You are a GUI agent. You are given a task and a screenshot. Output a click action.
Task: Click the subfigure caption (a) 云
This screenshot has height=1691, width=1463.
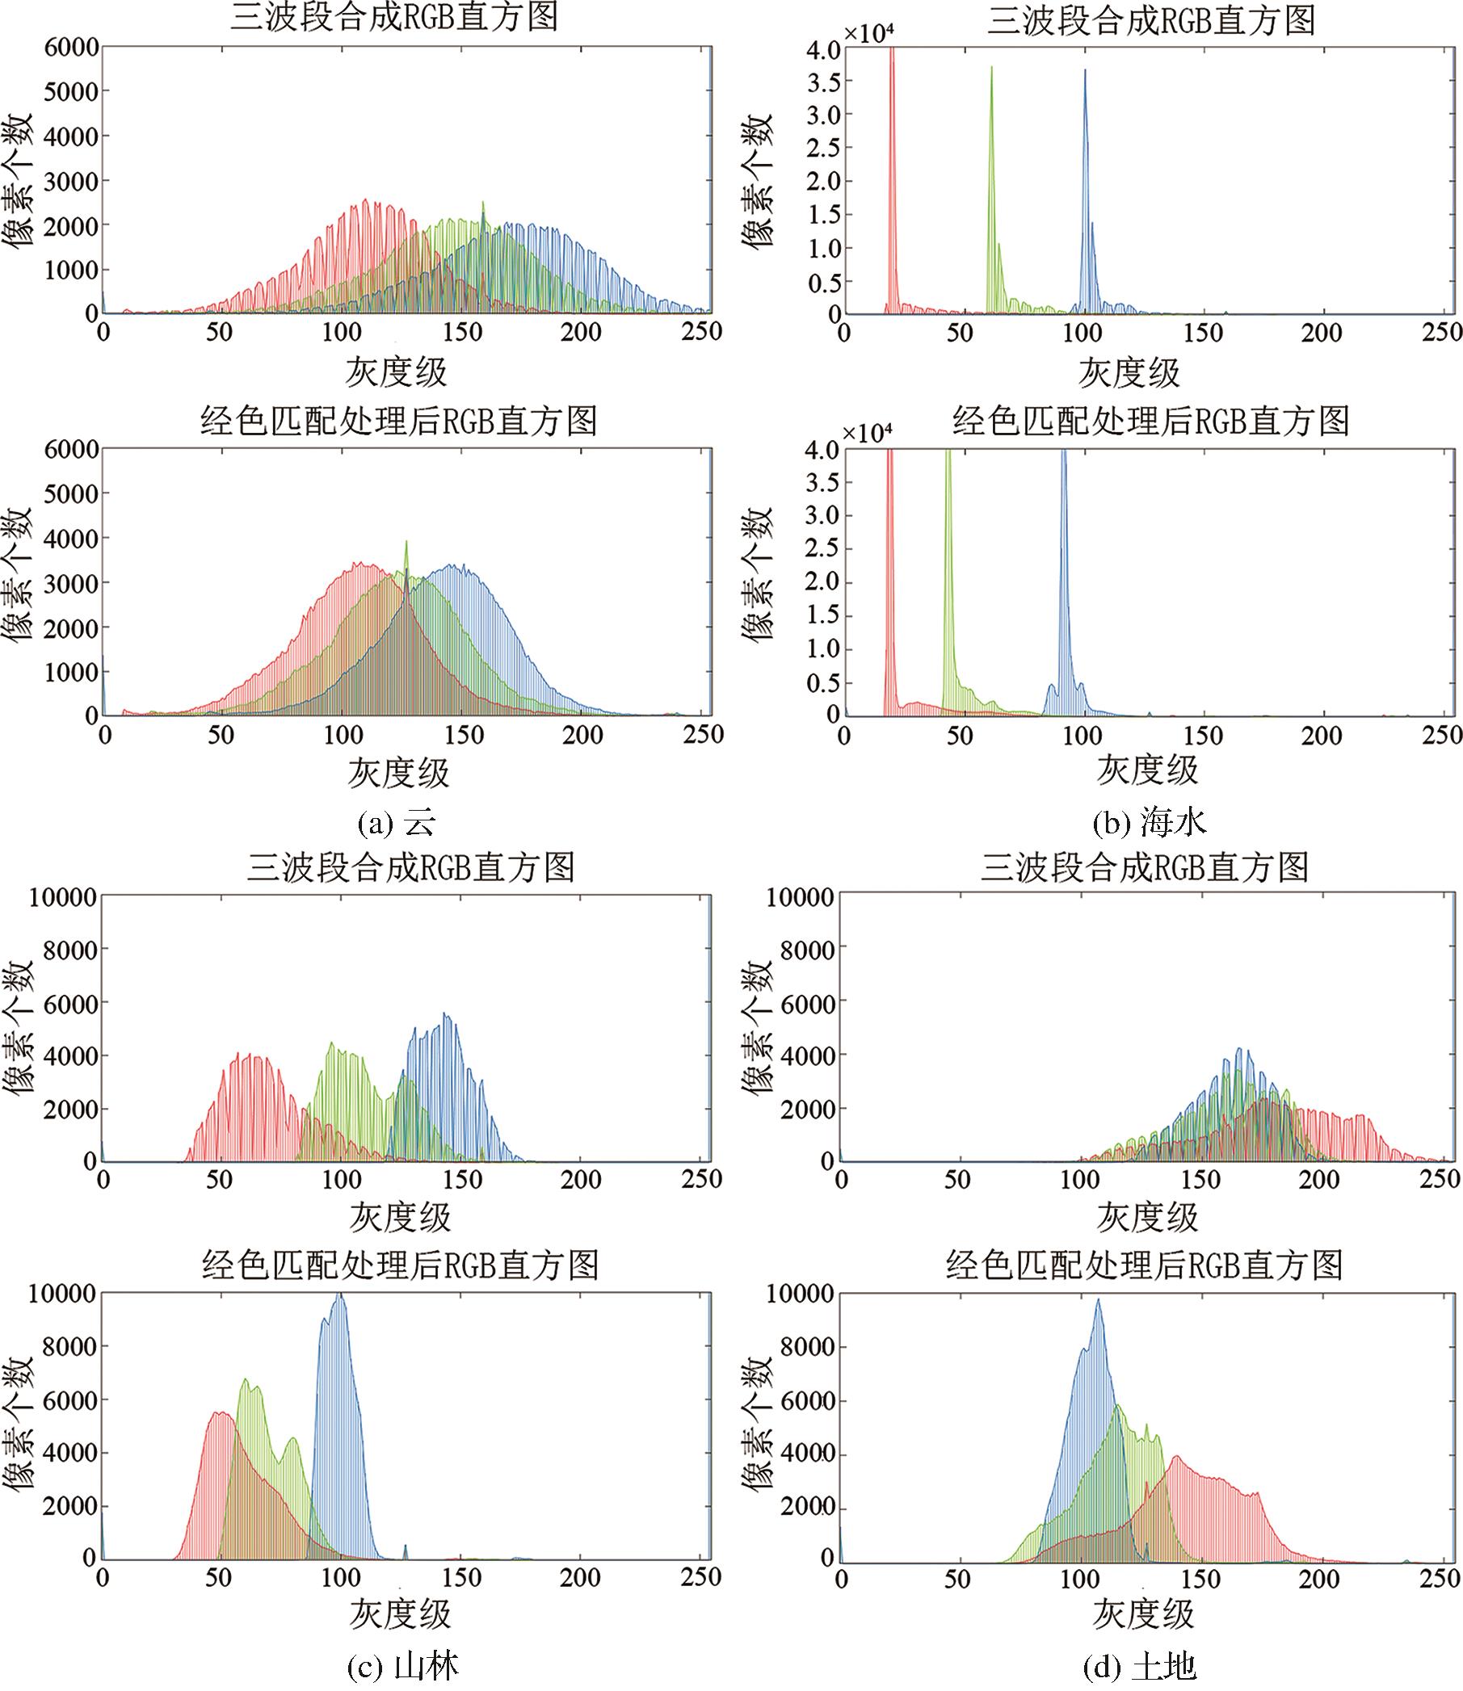coord(397,824)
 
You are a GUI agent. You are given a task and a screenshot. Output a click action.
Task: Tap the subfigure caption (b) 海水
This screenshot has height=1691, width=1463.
coord(1150,824)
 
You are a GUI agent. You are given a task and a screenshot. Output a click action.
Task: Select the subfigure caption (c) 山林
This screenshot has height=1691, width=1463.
coord(403,1666)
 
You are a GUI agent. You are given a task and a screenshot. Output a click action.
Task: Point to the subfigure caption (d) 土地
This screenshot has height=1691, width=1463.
coord(1141,1666)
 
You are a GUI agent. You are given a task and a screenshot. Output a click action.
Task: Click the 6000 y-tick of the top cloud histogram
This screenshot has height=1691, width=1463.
coord(72,48)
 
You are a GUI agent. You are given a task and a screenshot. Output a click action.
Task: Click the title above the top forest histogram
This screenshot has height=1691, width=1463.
coord(410,866)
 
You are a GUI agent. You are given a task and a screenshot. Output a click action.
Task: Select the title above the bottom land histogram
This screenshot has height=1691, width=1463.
coord(1144,1265)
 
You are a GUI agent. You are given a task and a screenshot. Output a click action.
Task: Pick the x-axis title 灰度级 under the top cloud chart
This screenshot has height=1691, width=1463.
coord(396,373)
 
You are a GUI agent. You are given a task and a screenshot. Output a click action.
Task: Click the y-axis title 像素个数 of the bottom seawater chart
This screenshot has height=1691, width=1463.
coord(757,574)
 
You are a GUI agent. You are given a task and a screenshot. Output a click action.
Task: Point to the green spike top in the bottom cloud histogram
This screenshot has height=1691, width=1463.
coord(406,542)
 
